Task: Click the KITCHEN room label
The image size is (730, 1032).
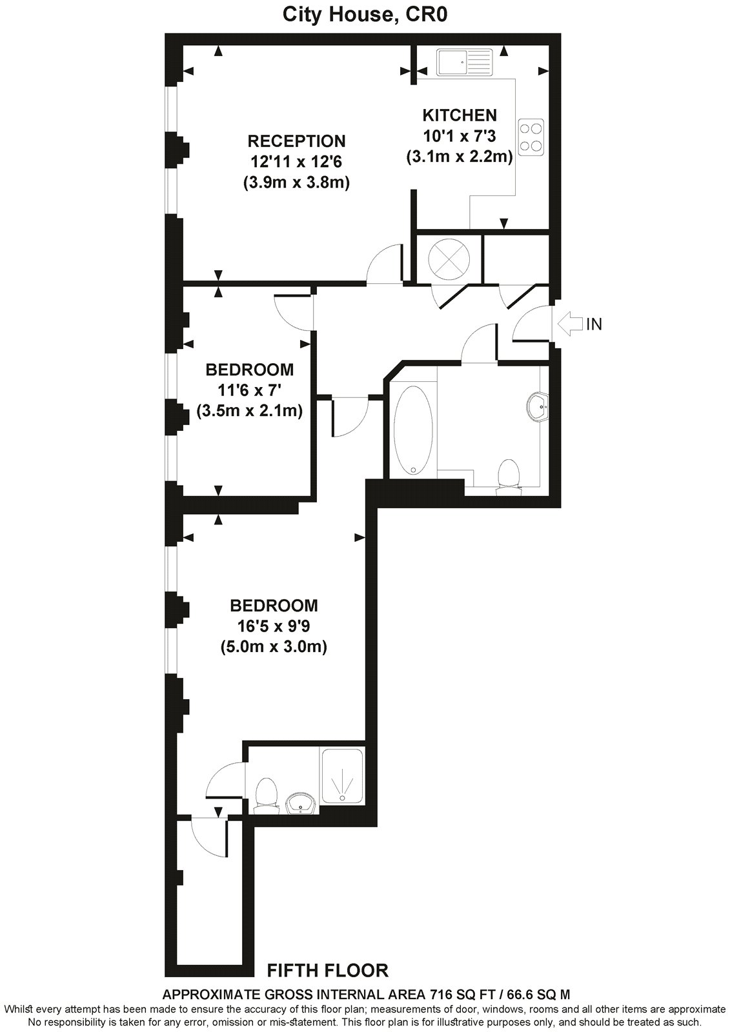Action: (x=460, y=115)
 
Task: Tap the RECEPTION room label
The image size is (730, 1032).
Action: (x=297, y=141)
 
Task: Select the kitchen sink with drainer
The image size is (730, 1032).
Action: (x=465, y=63)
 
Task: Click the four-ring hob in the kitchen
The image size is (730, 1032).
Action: (x=531, y=137)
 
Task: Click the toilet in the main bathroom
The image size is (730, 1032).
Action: (x=509, y=477)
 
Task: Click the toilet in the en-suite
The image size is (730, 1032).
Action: (x=266, y=794)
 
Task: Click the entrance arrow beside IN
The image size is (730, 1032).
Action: (x=569, y=324)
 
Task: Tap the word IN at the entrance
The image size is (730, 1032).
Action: (x=594, y=324)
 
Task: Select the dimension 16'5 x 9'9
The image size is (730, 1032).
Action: (x=274, y=626)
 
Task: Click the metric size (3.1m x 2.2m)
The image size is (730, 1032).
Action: (x=460, y=157)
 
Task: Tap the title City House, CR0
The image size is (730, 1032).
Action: (x=365, y=15)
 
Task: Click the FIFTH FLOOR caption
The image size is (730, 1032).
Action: (x=328, y=970)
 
